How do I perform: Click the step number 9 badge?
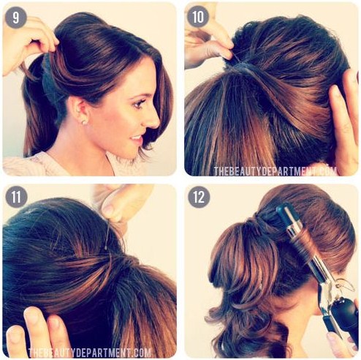pyautogui.click(x=16, y=18)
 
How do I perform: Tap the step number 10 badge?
pyautogui.click(x=198, y=17)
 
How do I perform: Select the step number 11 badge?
pyautogui.click(x=16, y=197)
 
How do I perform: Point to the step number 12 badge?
pyautogui.click(x=199, y=197)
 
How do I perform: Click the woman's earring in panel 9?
pyautogui.click(x=83, y=122)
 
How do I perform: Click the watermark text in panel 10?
pyautogui.click(x=275, y=171)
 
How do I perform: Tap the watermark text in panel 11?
pyautogui.click(x=89, y=353)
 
